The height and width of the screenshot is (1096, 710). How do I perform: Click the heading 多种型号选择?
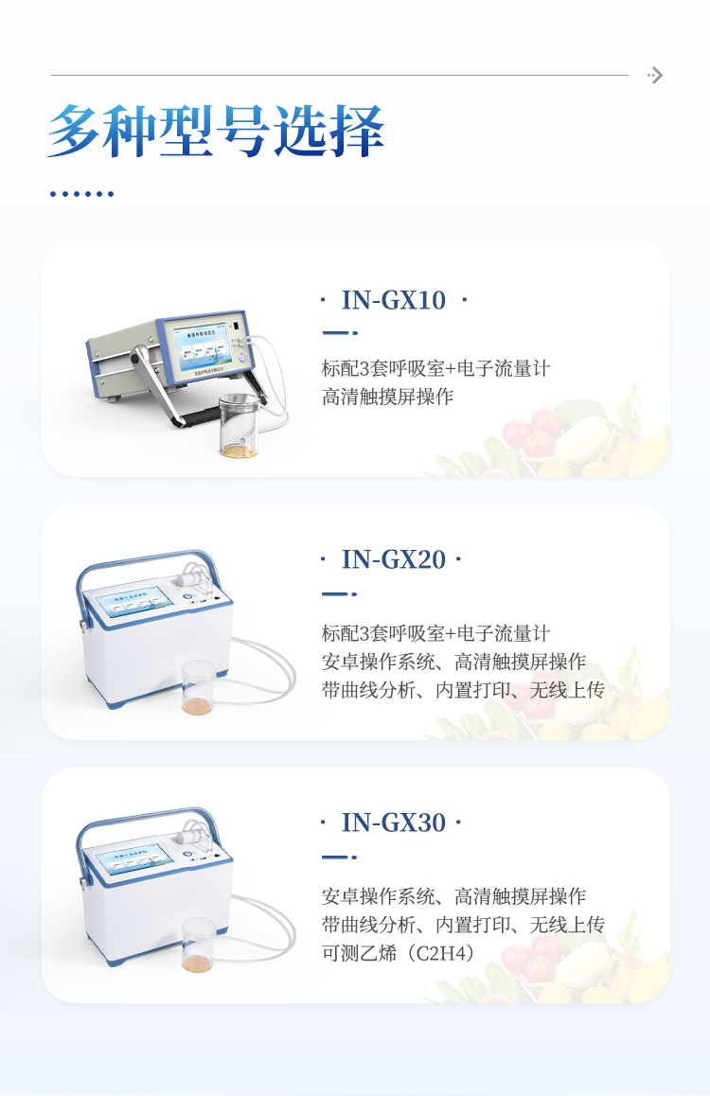pyautogui.click(x=216, y=131)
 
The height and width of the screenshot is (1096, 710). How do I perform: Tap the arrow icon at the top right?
pyautogui.click(x=655, y=76)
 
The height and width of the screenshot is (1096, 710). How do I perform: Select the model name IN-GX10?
pyautogui.click(x=393, y=300)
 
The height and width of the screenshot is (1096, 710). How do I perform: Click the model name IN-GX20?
pyautogui.click(x=393, y=559)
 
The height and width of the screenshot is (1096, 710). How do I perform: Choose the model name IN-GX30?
pyautogui.click(x=393, y=822)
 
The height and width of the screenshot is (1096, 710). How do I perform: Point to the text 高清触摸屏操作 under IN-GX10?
pyautogui.click(x=387, y=397)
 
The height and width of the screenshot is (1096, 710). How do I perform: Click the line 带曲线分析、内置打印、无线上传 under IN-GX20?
pyautogui.click(x=463, y=690)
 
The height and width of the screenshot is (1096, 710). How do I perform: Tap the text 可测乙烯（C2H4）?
pyautogui.click(x=399, y=952)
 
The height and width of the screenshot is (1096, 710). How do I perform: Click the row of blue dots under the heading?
pyautogui.click(x=81, y=194)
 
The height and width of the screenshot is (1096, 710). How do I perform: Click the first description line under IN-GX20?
pyautogui.click(x=435, y=633)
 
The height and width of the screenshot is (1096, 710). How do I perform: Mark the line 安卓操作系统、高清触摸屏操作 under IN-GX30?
pyautogui.click(x=453, y=895)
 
